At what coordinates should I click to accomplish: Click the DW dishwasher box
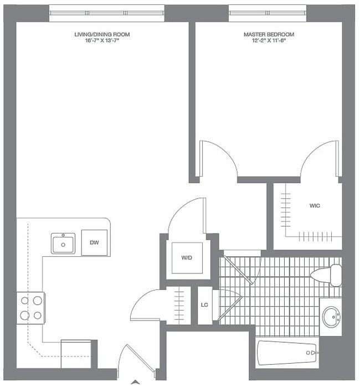[x=94, y=242]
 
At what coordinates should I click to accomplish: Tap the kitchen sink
[x=63, y=244]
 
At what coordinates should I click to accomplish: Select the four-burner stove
[x=31, y=308]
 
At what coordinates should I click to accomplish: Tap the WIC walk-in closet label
[x=315, y=206]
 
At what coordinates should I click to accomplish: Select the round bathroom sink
[x=331, y=317]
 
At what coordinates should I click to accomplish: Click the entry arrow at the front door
[x=135, y=381]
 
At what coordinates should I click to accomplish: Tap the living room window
[x=107, y=12]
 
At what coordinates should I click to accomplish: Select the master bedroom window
[x=268, y=12]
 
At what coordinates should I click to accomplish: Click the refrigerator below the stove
[x=76, y=353]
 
